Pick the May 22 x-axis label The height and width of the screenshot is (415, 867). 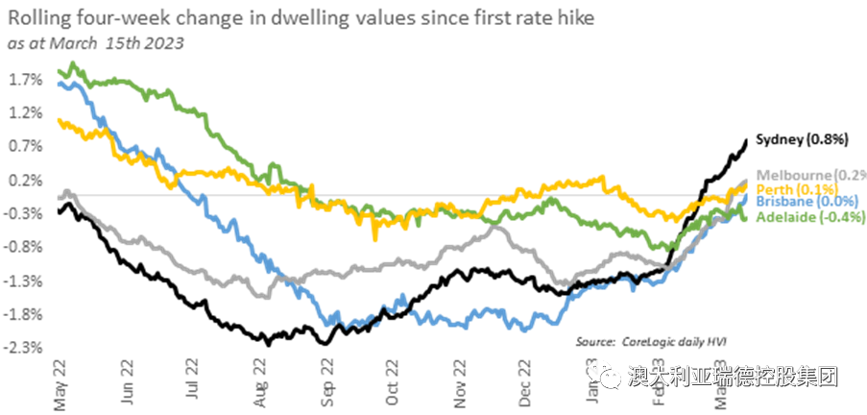[60, 384]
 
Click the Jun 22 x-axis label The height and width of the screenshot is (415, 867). [127, 384]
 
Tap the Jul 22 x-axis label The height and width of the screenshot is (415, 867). [192, 384]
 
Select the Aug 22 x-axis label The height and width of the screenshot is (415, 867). [259, 384]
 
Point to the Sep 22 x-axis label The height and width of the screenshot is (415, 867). [326, 384]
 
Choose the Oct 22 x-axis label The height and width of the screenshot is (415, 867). [392, 384]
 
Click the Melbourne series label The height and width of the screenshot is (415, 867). [810, 174]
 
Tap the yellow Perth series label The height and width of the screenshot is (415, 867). [796, 188]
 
